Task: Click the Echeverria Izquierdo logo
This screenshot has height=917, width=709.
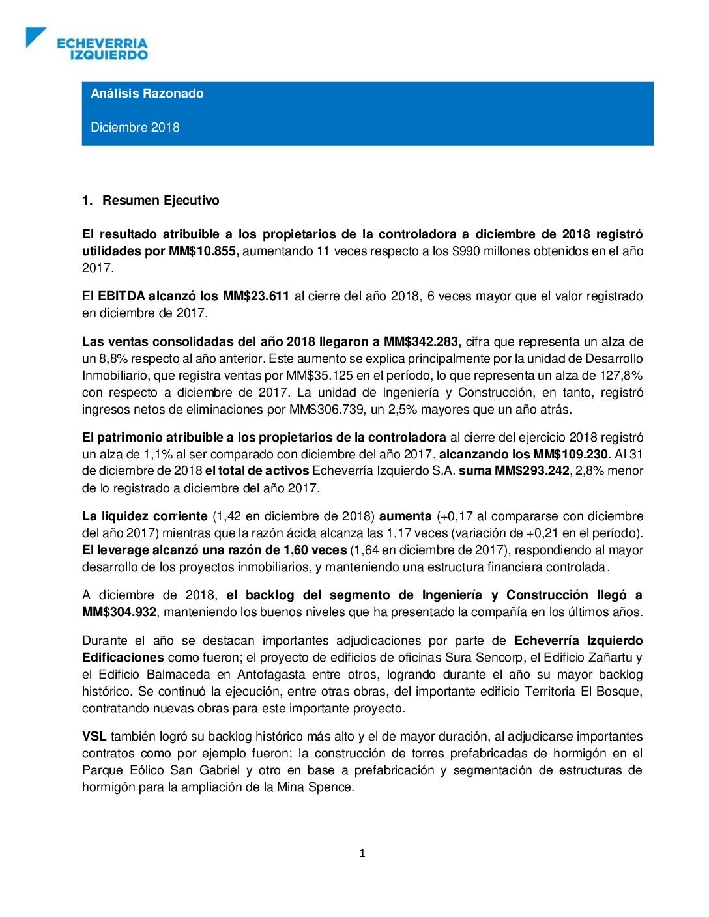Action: (x=87, y=44)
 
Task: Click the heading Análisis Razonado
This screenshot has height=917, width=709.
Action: (x=147, y=93)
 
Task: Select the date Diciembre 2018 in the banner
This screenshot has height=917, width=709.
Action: (x=135, y=127)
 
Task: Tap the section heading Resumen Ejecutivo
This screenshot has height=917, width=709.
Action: (x=160, y=201)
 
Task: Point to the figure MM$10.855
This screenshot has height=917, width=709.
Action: (x=203, y=251)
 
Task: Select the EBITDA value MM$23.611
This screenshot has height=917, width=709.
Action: (x=256, y=296)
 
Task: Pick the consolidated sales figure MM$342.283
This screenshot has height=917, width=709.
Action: (x=422, y=342)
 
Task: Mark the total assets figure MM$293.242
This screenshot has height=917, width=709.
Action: (x=532, y=471)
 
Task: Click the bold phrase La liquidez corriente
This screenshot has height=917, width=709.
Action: (x=145, y=516)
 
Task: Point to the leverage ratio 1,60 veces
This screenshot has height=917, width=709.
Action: (x=315, y=550)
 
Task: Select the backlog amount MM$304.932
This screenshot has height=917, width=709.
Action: (x=119, y=612)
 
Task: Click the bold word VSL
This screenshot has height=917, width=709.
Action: (x=94, y=737)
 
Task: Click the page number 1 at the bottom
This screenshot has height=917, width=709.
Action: (x=362, y=854)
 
